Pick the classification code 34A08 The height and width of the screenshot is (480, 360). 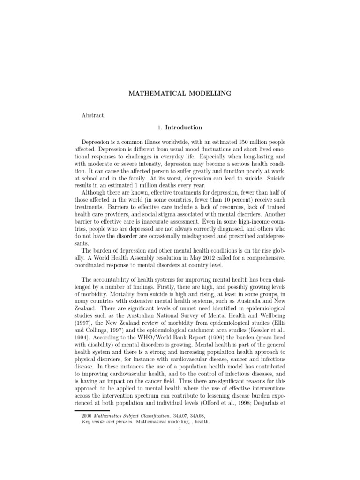[x=199, y=415]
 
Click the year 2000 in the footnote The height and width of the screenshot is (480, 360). [x=86, y=415]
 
